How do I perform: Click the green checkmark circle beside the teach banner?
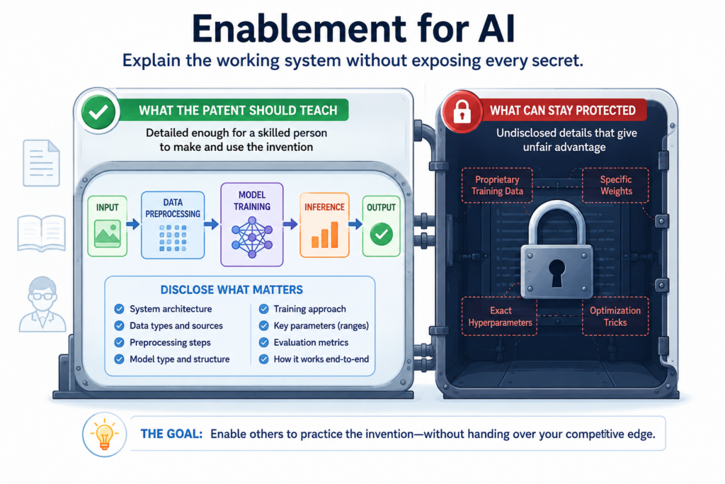(98, 111)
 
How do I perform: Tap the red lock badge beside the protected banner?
(462, 111)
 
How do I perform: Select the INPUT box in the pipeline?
(108, 226)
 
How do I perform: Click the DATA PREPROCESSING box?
(173, 225)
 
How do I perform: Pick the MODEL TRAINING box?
(252, 225)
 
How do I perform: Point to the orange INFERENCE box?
(324, 225)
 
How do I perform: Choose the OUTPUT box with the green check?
(381, 226)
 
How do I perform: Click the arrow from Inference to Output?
(355, 225)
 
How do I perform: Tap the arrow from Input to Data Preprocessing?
(134, 225)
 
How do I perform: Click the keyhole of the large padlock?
(556, 271)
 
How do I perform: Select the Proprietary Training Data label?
(497, 186)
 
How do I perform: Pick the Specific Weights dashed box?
(615, 186)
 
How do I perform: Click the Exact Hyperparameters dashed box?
(499, 317)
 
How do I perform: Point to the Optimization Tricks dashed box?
(615, 317)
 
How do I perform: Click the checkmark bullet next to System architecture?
(119, 309)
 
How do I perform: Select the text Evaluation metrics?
(311, 342)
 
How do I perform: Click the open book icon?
(41, 233)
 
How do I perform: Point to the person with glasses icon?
(42, 304)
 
